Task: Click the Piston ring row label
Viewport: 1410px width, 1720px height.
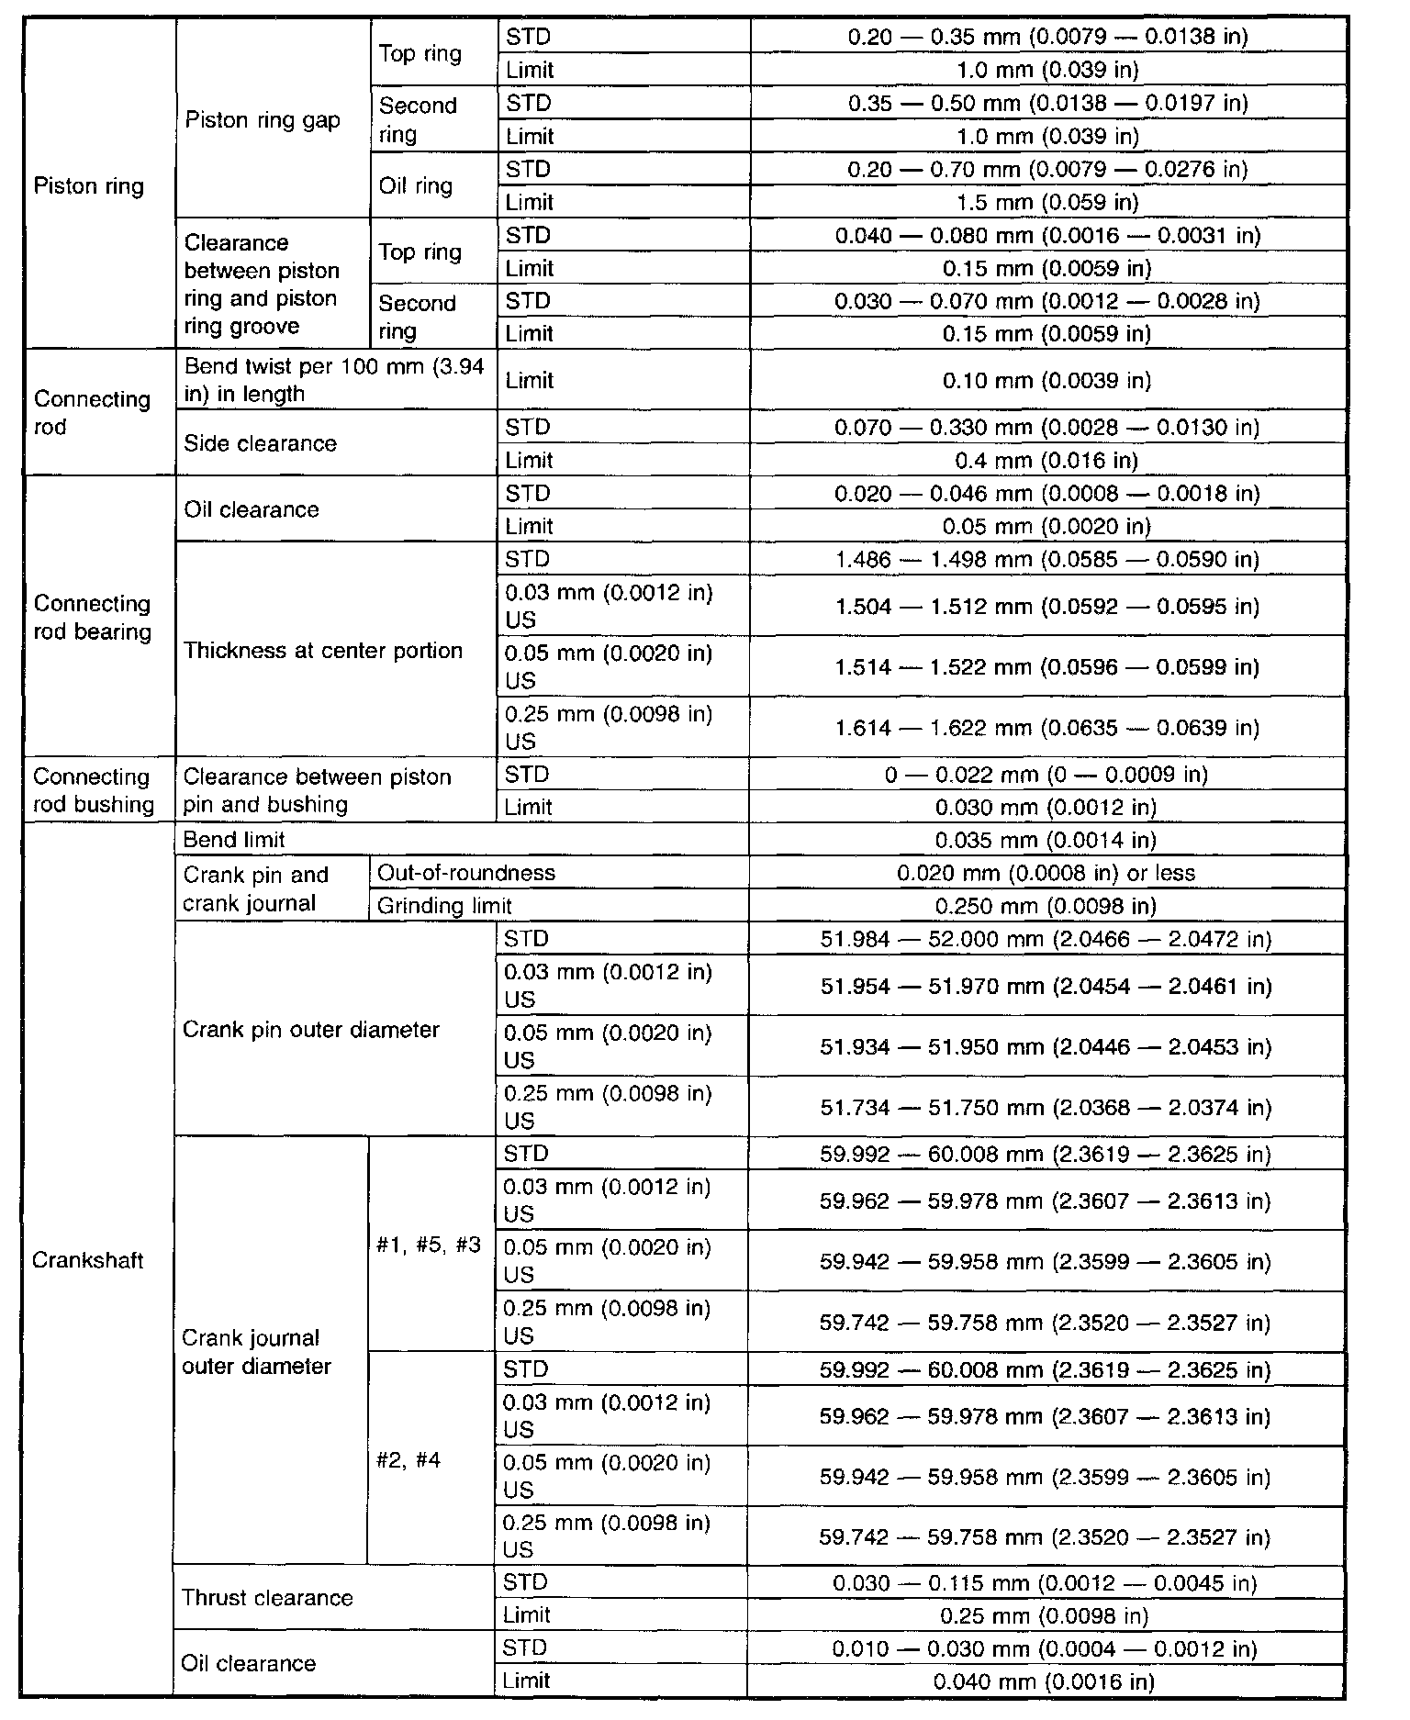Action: [x=89, y=186]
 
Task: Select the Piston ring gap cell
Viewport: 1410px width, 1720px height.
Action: [x=263, y=120]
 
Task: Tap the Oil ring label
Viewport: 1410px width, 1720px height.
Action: [x=416, y=186]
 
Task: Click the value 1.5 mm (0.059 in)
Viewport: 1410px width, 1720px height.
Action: [x=1046, y=202]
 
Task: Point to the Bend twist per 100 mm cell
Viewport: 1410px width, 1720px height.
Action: [x=334, y=380]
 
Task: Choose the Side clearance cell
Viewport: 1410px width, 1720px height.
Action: [x=261, y=443]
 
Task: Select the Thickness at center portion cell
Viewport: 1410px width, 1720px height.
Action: [x=323, y=651]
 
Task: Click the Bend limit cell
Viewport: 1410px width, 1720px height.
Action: [x=234, y=840]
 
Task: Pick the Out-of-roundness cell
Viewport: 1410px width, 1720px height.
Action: [x=466, y=873]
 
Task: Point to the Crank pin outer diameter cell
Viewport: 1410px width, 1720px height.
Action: [x=311, y=1030]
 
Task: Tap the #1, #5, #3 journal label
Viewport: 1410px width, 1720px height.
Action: [x=429, y=1246]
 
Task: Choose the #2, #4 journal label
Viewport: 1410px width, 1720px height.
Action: [x=408, y=1460]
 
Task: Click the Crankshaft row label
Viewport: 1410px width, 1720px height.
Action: [x=88, y=1260]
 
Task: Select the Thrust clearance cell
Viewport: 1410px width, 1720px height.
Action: [x=267, y=1598]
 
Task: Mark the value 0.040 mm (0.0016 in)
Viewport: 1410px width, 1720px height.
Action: [x=1044, y=1681]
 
